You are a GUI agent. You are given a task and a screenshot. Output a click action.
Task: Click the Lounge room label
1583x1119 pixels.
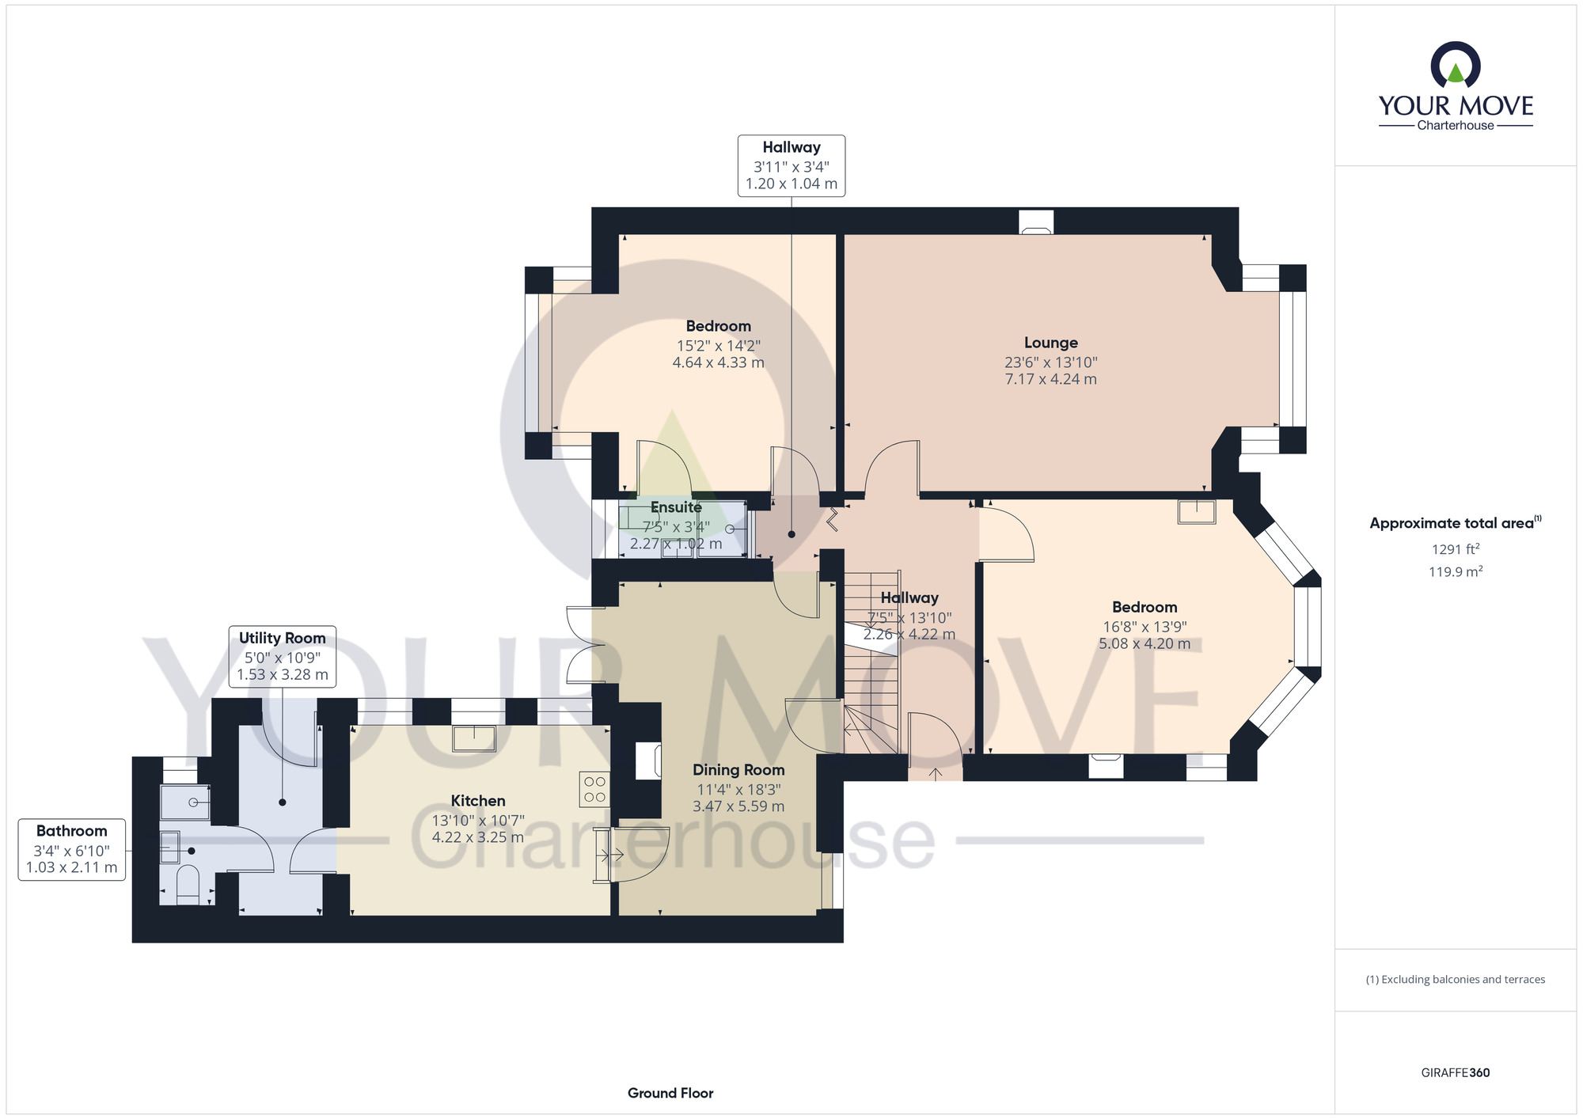[1051, 343]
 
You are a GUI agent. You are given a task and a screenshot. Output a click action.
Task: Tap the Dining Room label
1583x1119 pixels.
[738, 770]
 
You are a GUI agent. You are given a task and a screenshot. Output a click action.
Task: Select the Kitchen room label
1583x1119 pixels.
[478, 801]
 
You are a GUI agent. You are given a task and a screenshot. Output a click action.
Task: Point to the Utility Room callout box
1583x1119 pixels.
[283, 656]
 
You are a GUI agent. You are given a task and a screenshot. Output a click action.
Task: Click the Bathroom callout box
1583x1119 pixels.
[72, 849]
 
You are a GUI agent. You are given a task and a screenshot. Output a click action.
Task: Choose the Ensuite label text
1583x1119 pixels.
[676, 507]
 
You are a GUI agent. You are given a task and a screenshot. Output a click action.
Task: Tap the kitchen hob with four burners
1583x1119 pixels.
[594, 789]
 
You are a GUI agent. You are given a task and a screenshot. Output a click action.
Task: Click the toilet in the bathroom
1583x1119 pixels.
[188, 885]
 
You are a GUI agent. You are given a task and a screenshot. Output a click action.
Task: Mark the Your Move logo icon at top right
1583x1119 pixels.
[1456, 65]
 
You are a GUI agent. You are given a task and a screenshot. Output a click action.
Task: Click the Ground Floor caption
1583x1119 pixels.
[670, 1093]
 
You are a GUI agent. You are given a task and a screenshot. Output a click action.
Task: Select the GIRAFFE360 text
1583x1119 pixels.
[1456, 1073]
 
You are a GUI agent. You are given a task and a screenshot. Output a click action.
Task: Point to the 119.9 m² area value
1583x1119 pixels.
[1456, 571]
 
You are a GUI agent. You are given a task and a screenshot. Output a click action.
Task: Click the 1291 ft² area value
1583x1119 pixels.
[1456, 549]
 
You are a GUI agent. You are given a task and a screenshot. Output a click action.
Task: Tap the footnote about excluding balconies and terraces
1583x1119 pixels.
[1456, 980]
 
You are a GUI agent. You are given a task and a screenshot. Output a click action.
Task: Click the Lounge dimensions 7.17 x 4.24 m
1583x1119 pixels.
[1051, 379]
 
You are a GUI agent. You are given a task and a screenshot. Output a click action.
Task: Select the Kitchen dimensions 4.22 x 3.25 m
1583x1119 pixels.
[478, 837]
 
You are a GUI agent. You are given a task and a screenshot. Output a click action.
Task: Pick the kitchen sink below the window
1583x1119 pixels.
[474, 738]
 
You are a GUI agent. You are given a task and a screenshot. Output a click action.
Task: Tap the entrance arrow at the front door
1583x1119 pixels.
[935, 773]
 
